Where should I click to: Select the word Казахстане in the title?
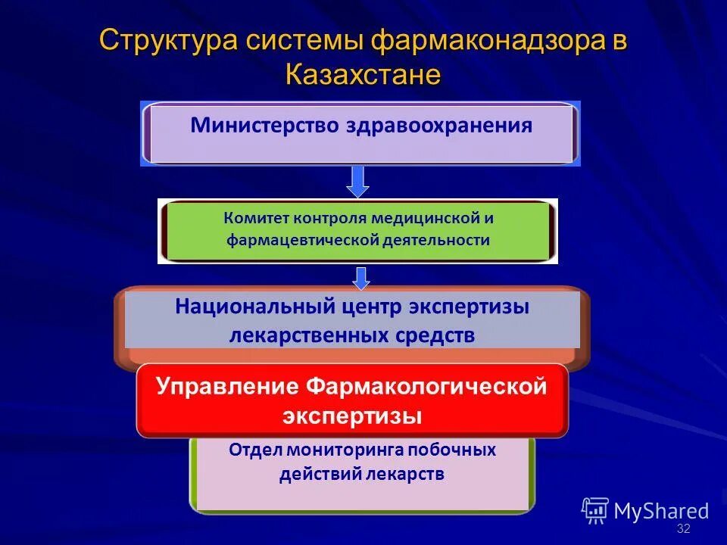click(363, 75)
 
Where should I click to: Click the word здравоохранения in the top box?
click(439, 125)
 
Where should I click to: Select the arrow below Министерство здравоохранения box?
click(357, 181)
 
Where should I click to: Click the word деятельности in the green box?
click(435, 241)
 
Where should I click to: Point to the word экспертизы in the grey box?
click(470, 307)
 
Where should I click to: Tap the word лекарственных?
click(308, 335)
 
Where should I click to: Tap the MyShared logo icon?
click(595, 510)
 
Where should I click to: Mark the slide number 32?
click(683, 528)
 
